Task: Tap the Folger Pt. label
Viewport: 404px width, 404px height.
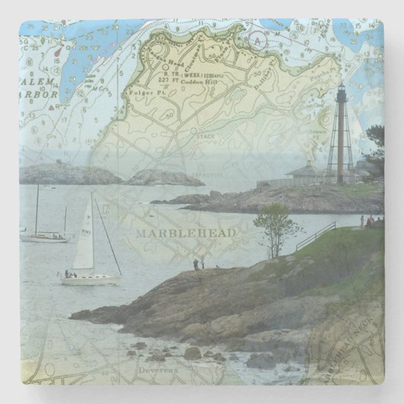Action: click(141, 92)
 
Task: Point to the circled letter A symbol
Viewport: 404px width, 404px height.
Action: click(257, 40)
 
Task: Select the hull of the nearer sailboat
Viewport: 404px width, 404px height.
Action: click(90, 280)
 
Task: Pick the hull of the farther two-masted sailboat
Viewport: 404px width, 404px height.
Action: click(44, 238)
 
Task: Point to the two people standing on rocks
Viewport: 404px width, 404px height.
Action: click(199, 264)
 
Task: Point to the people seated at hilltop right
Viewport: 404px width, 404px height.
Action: click(371, 220)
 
